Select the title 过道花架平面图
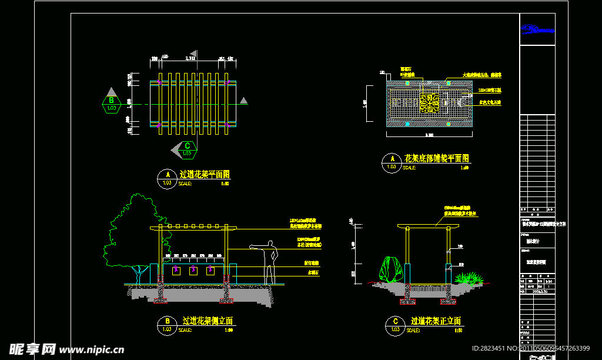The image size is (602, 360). pyautogui.click(x=205, y=174)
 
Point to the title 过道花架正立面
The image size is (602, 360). pyautogui.click(x=436, y=321)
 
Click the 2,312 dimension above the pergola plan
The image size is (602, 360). pyautogui.click(x=190, y=58)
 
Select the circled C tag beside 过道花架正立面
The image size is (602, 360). pyautogui.click(x=394, y=325)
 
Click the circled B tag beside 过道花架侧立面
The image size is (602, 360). pyautogui.click(x=168, y=325)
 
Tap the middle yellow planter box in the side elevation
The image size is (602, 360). pyautogui.click(x=192, y=270)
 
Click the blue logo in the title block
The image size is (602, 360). pyautogui.click(x=537, y=29)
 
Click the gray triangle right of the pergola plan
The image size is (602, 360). pyautogui.click(x=243, y=101)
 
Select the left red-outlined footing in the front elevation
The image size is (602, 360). pyautogui.click(x=407, y=301)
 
